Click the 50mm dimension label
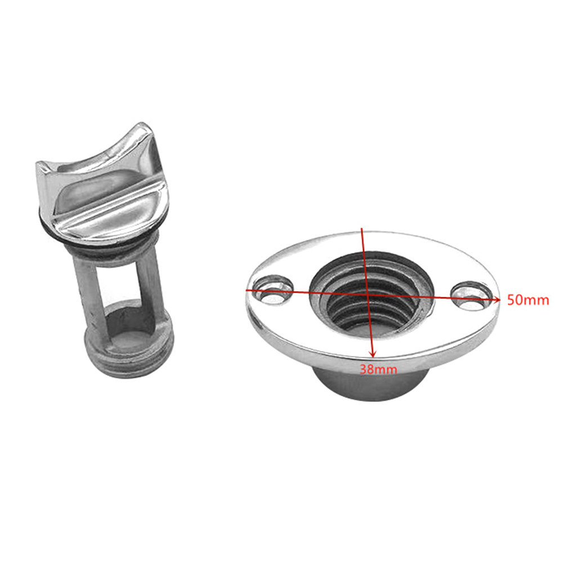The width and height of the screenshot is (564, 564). [527, 300]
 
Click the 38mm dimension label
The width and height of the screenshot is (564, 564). [378, 369]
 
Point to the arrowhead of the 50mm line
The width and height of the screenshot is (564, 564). [497, 299]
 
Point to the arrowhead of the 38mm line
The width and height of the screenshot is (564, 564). [373, 354]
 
